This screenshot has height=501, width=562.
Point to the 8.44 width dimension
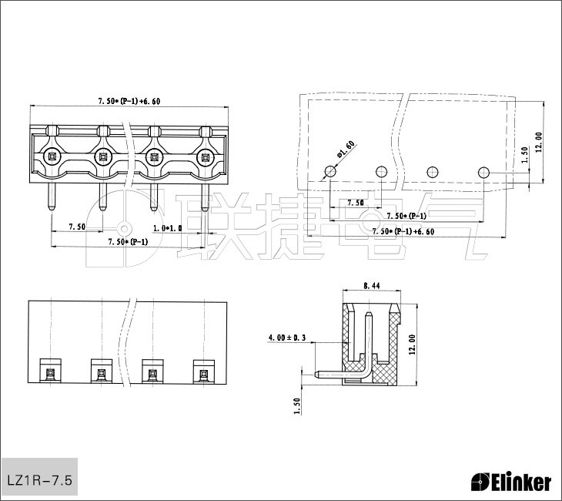(x=370, y=286)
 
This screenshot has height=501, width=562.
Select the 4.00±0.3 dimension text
(x=287, y=338)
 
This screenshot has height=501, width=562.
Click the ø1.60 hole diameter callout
(x=345, y=149)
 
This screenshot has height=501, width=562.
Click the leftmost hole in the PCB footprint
(x=330, y=171)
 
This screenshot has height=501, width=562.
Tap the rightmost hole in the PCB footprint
(x=483, y=171)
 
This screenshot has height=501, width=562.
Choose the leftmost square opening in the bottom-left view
(x=51, y=373)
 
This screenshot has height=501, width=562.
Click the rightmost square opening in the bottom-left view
(x=203, y=373)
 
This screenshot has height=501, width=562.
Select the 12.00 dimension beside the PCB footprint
(x=539, y=141)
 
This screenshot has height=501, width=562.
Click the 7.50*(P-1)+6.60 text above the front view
(x=129, y=101)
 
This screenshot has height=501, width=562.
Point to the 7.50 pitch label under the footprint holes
(x=355, y=203)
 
